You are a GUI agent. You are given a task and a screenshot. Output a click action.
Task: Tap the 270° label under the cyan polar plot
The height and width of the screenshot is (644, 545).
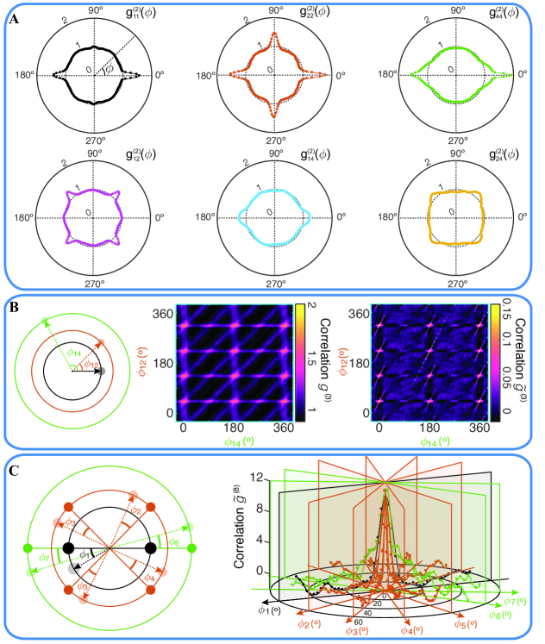(276, 281)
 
